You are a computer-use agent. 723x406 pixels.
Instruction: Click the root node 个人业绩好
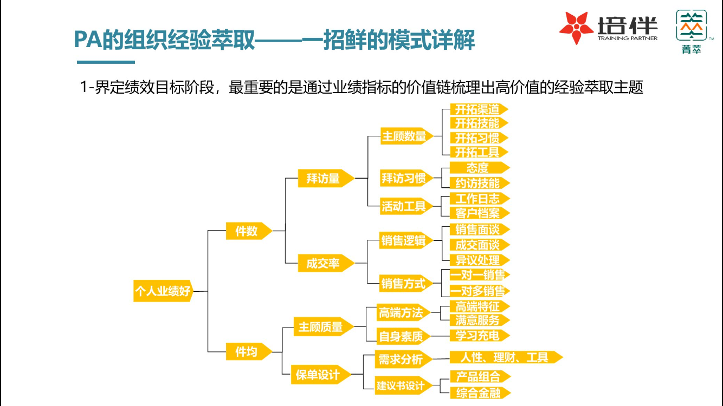pos(163,291)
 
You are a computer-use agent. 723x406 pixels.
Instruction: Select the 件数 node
pos(247,231)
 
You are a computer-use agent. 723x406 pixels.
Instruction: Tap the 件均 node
pos(247,352)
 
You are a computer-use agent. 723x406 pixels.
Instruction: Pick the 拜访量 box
pos(324,178)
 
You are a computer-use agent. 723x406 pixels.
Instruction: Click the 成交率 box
pos(324,264)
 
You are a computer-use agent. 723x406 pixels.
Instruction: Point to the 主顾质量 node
pos(321,327)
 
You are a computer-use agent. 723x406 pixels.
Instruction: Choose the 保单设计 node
pos(318,374)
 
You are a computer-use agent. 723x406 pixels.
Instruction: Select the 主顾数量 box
pos(405,136)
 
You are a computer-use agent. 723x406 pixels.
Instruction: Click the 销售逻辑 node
pos(404,241)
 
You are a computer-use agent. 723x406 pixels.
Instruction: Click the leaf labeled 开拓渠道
pos(477,109)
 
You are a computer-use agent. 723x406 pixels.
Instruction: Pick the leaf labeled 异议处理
pos(477,260)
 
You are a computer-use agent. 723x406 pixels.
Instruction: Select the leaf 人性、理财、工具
pos(504,357)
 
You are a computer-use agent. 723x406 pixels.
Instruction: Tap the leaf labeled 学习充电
pos(477,336)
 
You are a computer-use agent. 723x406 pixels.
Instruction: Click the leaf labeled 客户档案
pos(477,213)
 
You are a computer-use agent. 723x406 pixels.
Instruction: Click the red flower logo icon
pos(576,27)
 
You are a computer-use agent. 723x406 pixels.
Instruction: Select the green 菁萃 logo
pos(691,31)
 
